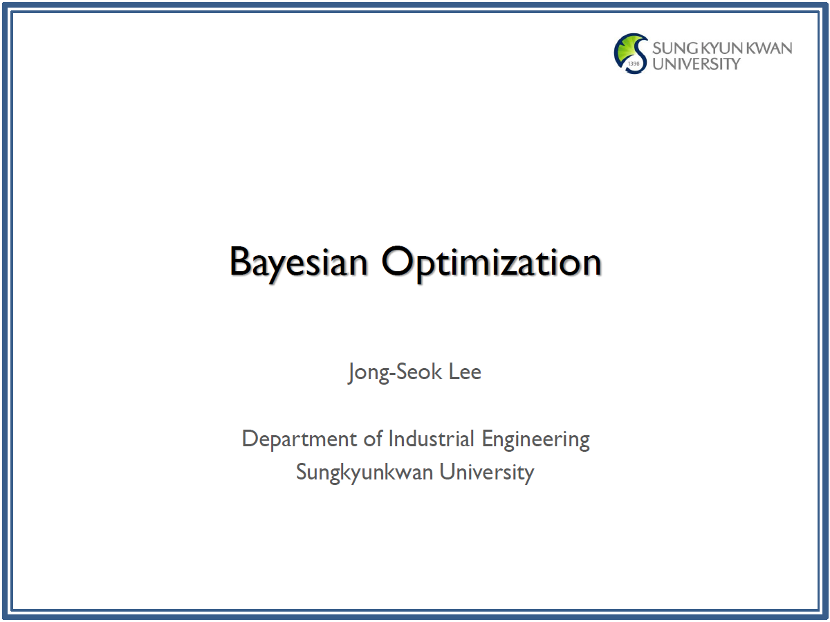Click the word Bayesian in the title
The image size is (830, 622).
(x=298, y=264)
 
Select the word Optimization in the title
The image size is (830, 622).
(x=492, y=264)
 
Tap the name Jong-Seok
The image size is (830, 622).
(x=395, y=373)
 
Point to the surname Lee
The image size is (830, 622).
(x=465, y=372)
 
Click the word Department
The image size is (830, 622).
(x=299, y=440)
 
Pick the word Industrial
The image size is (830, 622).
(x=431, y=439)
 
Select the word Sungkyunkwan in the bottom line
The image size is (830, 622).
(x=365, y=473)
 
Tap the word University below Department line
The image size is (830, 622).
(x=487, y=473)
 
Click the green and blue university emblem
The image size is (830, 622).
(x=631, y=53)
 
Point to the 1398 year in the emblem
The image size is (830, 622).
(x=634, y=64)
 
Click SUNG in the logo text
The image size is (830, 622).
(x=675, y=48)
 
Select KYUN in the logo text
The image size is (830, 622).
(x=722, y=48)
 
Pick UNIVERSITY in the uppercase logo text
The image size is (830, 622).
(x=696, y=64)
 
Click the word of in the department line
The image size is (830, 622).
(x=373, y=439)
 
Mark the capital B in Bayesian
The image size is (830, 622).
(x=240, y=261)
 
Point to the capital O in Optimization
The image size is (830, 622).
(x=397, y=261)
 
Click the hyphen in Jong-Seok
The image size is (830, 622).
(x=391, y=374)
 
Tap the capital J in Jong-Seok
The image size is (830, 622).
(x=351, y=373)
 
